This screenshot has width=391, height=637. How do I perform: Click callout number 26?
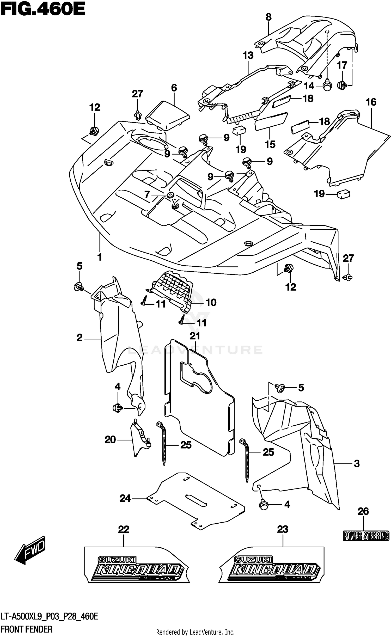[x=363, y=512]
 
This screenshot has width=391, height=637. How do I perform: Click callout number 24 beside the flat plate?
[x=125, y=499]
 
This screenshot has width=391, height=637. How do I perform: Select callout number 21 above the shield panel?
[x=195, y=336]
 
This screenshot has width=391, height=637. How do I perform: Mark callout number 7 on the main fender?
[x=147, y=194]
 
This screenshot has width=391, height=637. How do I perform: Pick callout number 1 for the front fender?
[x=99, y=257]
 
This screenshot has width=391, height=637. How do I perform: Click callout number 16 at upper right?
[x=371, y=102]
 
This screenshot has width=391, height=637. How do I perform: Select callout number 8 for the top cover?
[x=268, y=17]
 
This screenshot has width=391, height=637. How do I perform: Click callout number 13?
[x=248, y=56]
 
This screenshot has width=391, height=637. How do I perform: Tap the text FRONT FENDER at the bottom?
[x=26, y=629]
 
